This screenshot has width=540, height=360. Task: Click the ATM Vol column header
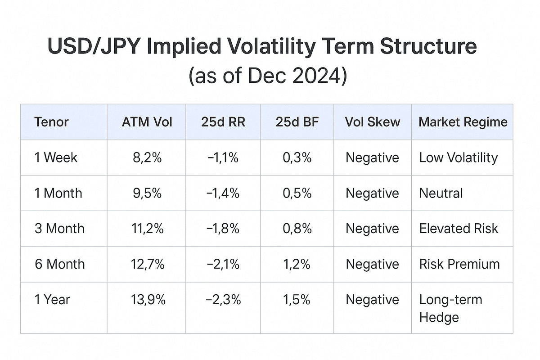coord(147,122)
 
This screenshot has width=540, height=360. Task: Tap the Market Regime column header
coord(463,122)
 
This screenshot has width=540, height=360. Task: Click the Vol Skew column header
coord(372,122)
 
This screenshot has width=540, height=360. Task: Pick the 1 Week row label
coord(56,157)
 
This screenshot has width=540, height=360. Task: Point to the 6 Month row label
coord(59,264)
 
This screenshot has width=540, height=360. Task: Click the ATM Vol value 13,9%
coord(147,300)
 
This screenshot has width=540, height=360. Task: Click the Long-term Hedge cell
coord(450,308)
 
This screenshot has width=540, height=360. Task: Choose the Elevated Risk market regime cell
coord(458,229)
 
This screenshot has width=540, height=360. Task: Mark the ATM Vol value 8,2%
coord(147,157)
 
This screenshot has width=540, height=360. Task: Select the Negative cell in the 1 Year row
coord(372,300)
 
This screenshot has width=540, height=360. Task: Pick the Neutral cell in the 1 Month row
coord(441,193)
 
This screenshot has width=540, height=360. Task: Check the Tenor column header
coord(51,122)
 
